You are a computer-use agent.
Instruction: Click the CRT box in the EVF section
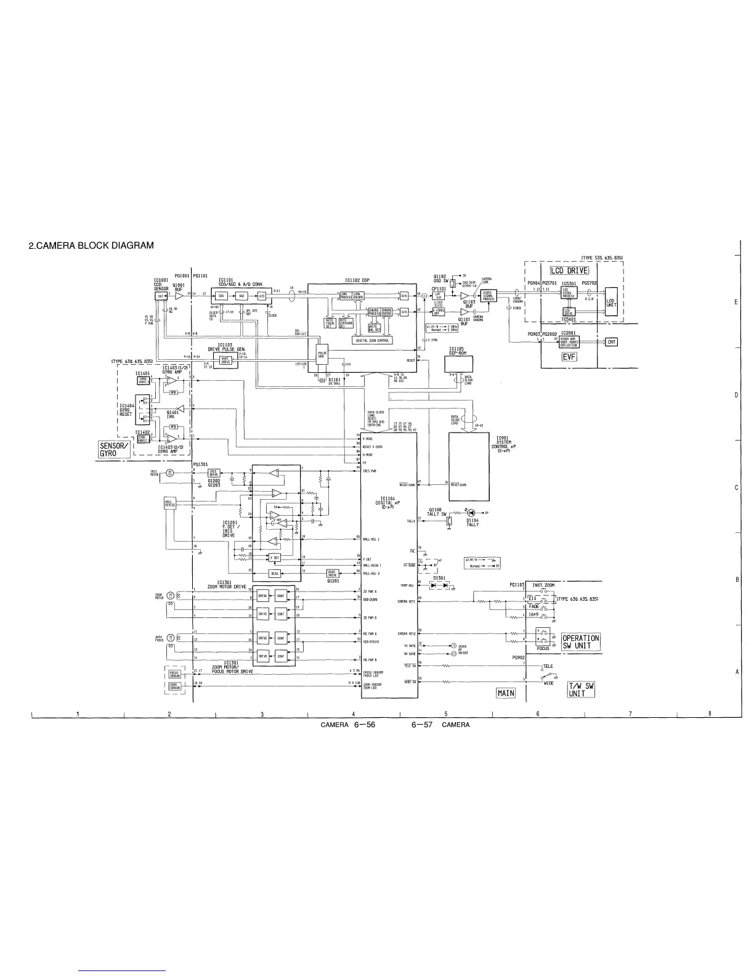click(611, 342)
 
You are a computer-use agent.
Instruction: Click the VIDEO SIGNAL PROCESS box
click(488, 295)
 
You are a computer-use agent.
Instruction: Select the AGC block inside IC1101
click(242, 296)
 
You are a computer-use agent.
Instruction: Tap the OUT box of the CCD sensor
click(160, 296)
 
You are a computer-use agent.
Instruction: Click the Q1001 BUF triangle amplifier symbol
click(179, 296)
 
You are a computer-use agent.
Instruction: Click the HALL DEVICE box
click(169, 504)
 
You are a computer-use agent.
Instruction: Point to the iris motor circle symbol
click(171, 473)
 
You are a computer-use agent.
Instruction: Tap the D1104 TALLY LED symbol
click(471, 513)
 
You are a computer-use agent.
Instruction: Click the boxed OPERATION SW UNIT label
click(580, 642)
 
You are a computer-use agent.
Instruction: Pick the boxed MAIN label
click(505, 693)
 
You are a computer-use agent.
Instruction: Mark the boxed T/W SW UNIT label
click(581, 689)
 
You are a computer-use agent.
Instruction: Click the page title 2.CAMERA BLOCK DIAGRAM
click(91, 246)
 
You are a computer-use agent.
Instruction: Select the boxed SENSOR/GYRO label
click(114, 450)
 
